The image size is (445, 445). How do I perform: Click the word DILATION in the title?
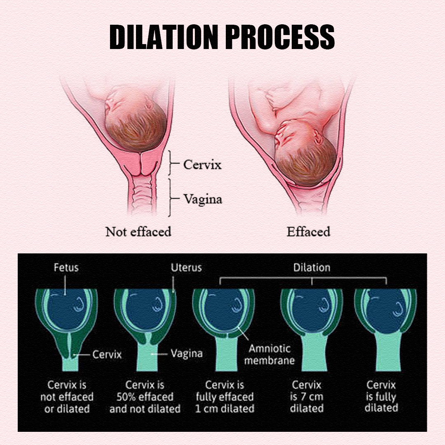pos(164,37)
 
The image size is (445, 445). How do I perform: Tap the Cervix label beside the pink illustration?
pos(202,164)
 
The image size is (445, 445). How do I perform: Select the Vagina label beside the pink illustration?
pos(203,199)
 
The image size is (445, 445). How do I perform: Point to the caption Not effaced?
pos(138,232)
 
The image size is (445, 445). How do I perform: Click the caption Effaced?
pos(309,232)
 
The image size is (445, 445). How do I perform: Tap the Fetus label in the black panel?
pos(66,267)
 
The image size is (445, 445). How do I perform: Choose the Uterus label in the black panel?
pos(186,267)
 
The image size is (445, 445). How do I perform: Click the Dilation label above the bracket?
pos(311,267)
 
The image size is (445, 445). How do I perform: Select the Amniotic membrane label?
pos(269,354)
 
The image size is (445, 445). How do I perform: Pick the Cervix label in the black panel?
pos(107,354)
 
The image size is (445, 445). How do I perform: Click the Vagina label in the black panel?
pos(187,354)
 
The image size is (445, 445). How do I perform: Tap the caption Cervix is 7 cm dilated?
pos(307,396)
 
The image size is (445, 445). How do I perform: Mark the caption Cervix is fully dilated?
pos(381,396)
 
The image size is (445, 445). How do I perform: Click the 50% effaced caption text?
pos(145,397)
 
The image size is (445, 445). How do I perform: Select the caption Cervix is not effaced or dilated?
pos(67,397)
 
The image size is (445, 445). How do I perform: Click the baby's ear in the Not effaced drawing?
pos(150,105)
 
